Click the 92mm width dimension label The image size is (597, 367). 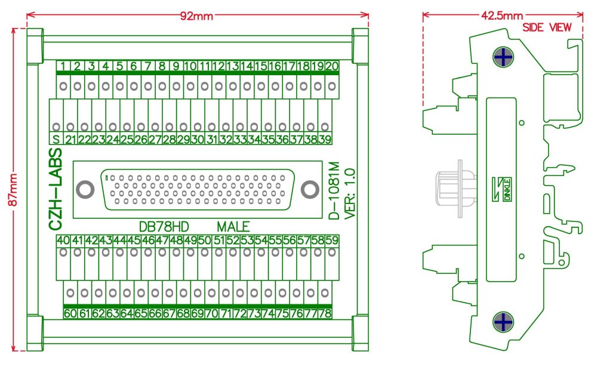click(196, 16)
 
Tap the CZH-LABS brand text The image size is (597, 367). click(55, 190)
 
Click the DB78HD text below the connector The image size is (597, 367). click(164, 227)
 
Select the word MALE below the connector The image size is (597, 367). click(233, 227)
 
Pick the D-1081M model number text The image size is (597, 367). click(335, 190)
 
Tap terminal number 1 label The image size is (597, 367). click(63, 66)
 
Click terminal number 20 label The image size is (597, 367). click(332, 66)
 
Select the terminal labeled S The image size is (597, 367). click(56, 140)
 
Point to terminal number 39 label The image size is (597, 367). click(325, 140)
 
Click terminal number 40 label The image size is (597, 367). click(63, 240)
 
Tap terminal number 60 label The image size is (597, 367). click(70, 313)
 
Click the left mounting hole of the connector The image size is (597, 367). click(85, 190)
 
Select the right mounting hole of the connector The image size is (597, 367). click(309, 190)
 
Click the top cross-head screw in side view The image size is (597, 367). click(504, 58)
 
